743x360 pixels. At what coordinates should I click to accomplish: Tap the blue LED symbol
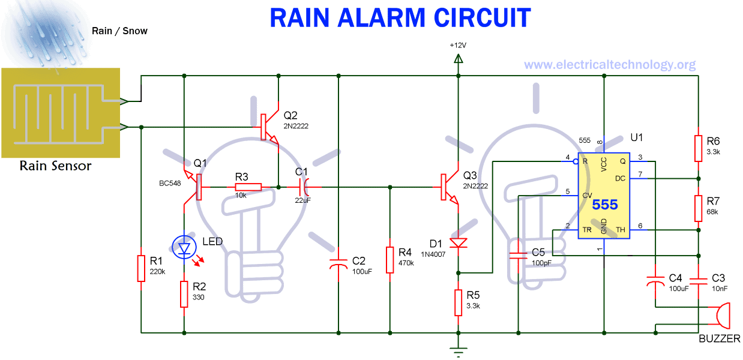(184, 247)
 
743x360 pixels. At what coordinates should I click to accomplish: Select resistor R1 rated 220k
(140, 268)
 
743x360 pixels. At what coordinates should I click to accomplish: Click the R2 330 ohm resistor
(184, 294)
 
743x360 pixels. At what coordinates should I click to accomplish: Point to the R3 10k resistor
(248, 187)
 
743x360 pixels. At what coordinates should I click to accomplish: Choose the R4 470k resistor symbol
(390, 259)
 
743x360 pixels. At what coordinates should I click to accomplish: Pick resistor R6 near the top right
(698, 148)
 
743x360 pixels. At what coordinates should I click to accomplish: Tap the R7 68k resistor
(698, 208)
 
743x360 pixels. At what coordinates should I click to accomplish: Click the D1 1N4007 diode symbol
(458, 243)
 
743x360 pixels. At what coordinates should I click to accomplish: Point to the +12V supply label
(457, 46)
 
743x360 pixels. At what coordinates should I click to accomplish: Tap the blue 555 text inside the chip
(604, 205)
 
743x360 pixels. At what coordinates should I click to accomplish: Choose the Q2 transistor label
(290, 115)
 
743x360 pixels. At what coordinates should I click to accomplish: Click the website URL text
(610, 64)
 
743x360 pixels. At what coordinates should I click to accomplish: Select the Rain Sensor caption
(55, 166)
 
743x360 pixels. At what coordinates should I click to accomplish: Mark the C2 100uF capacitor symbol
(338, 262)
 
